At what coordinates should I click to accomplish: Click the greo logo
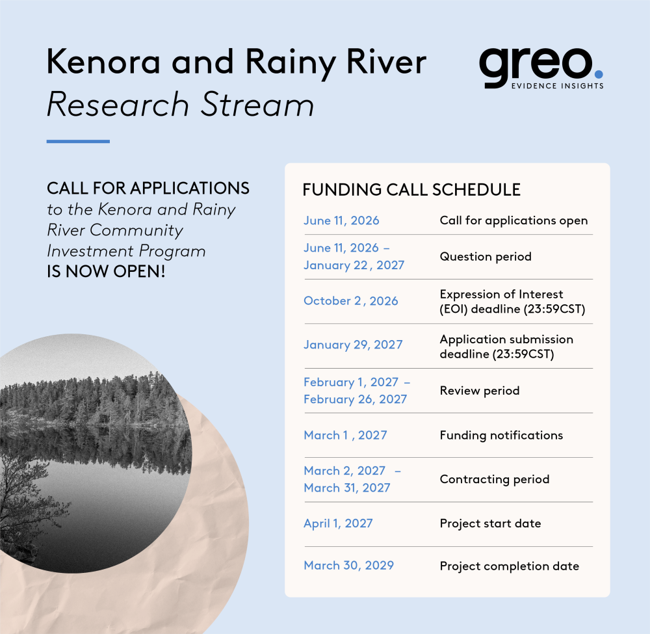541,68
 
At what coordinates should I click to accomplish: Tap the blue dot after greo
599,74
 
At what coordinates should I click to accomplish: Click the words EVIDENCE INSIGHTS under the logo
557,86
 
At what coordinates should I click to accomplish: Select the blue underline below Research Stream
78,141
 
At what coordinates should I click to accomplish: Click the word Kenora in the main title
103,62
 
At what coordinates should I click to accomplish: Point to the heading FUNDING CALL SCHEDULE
411,189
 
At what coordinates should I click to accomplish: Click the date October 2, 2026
351,300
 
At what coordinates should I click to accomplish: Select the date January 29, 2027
353,345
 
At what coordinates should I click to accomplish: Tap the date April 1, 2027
338,523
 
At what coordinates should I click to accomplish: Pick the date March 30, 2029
348,565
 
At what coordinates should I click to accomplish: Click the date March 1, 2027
345,435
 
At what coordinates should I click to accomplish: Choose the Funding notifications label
501,436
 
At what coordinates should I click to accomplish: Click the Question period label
486,257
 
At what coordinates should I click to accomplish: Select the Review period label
480,391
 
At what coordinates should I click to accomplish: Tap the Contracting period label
495,479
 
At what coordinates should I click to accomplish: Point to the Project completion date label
510,566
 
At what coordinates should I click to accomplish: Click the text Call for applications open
513,220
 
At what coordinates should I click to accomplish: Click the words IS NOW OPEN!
106,272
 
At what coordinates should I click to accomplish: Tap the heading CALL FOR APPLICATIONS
148,189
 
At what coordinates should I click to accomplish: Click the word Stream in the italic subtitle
257,104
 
